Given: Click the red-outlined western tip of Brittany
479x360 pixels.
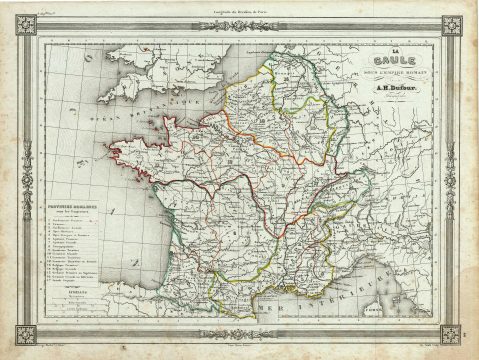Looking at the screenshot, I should [x=121, y=152].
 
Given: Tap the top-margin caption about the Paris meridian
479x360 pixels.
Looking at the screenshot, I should [x=240, y=8].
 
